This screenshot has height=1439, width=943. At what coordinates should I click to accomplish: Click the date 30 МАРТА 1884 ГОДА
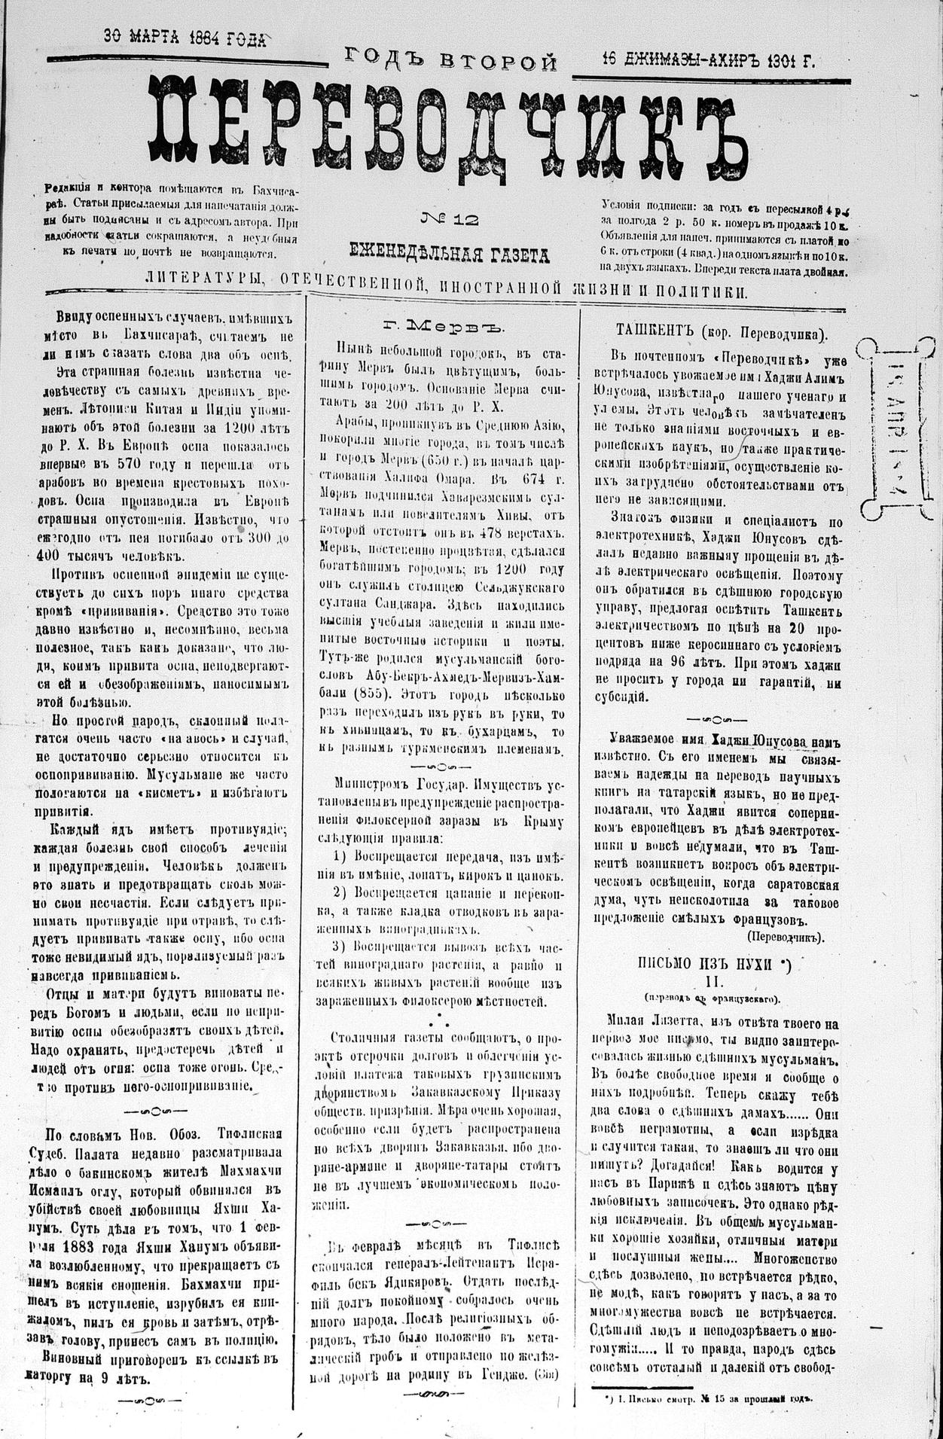click(x=185, y=37)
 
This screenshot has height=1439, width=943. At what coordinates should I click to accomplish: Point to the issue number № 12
click(x=449, y=220)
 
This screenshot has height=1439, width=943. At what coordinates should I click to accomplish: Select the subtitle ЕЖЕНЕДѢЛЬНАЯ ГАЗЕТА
click(x=449, y=255)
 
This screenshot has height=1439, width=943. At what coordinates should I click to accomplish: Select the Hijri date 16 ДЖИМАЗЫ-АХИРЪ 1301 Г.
click(x=708, y=61)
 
